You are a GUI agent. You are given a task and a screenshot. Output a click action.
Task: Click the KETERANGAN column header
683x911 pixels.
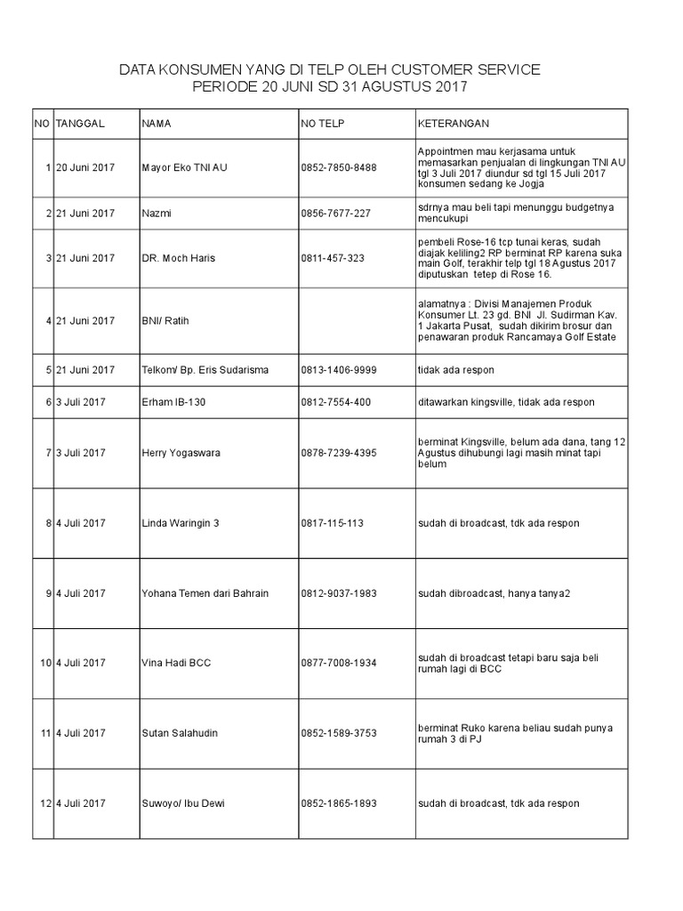[453, 123]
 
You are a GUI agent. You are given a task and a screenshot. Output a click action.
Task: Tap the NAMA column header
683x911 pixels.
[157, 123]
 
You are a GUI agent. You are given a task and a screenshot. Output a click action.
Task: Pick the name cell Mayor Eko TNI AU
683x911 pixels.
[184, 167]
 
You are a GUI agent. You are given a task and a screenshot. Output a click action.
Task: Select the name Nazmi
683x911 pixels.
[156, 214]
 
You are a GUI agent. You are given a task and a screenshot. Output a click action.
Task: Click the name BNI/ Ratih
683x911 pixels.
[165, 321]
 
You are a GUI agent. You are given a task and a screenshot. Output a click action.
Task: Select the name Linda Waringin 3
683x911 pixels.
[180, 523]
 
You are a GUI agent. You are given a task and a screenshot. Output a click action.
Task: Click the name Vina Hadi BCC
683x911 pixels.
[175, 663]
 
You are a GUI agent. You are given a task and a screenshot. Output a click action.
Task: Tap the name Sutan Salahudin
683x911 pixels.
[179, 733]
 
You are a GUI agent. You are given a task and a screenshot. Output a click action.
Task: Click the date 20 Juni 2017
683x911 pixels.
[85, 167]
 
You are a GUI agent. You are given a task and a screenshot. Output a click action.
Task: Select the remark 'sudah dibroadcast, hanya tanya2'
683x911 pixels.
[494, 593]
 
